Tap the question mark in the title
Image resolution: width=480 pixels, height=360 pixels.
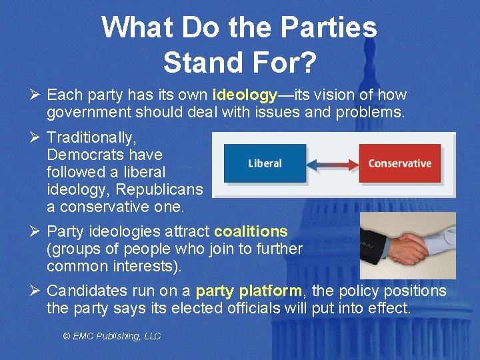coord(308,63)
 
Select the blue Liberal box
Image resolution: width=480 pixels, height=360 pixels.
coord(265,163)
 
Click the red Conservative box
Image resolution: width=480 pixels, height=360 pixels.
coord(399,163)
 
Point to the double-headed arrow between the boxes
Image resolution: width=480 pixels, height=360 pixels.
coord(332,163)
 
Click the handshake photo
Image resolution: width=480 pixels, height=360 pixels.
coord(407,245)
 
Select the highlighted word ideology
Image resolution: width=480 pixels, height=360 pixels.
coord(245,95)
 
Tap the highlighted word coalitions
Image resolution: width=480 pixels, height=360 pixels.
coord(251,231)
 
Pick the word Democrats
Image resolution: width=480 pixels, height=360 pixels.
coord(105,155)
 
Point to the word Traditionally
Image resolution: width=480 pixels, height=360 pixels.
coord(92,137)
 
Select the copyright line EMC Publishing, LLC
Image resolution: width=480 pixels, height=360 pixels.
coord(112,336)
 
